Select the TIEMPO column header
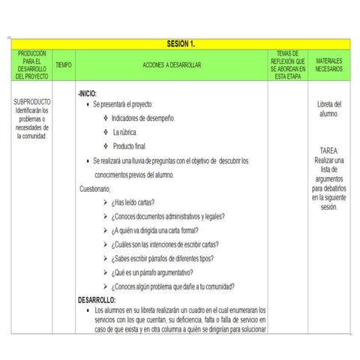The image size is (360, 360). coord(64,66)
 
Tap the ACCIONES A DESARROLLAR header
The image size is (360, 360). coord(172,66)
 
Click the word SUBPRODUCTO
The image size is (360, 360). coord(31,101)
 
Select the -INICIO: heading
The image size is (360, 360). coord(88,93)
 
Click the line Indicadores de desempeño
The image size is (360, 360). coord(143,118)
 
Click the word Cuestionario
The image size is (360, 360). coord(95,188)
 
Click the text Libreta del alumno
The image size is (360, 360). coord(328,109)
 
